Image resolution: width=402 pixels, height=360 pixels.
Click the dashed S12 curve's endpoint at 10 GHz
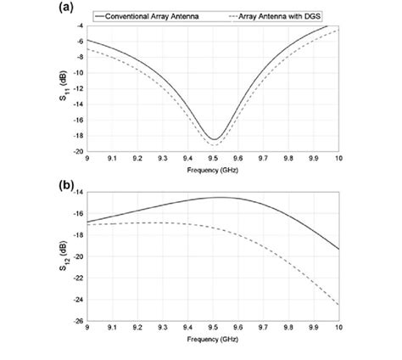pos(339,305)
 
